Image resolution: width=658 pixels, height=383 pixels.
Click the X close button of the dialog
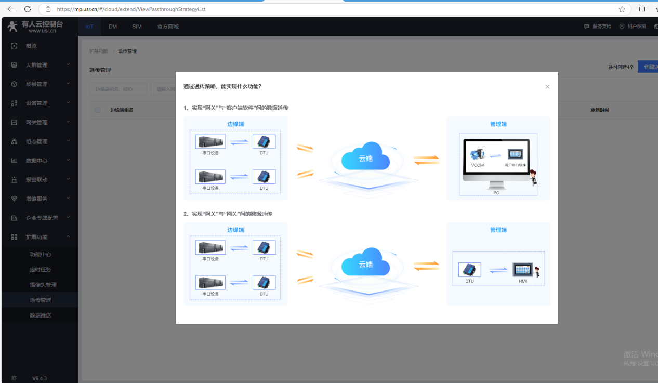(x=547, y=87)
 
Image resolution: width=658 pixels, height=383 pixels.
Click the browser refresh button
(x=28, y=9)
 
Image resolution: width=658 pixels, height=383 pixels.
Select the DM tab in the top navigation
(x=113, y=27)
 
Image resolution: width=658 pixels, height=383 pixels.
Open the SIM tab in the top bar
(x=137, y=27)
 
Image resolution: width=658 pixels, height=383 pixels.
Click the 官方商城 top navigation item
(x=167, y=27)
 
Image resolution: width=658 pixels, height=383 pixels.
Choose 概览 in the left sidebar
(x=31, y=46)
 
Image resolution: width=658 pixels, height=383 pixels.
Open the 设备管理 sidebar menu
(x=36, y=103)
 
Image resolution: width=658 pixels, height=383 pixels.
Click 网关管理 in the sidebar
(x=36, y=122)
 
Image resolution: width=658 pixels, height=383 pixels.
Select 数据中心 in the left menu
(x=36, y=161)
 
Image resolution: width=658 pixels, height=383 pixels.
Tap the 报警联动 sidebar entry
(x=36, y=180)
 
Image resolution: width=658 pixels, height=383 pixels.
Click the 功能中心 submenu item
(x=41, y=254)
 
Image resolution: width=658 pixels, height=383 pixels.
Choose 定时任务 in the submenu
(x=41, y=269)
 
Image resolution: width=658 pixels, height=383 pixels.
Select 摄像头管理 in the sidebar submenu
(x=43, y=285)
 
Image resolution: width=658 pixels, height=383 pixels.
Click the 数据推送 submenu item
(x=41, y=315)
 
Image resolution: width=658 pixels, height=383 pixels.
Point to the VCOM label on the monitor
(x=477, y=165)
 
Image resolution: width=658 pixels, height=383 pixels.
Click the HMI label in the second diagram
(x=522, y=281)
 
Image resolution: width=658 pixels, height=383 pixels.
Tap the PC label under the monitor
(x=496, y=193)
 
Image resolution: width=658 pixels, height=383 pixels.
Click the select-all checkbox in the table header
(x=97, y=110)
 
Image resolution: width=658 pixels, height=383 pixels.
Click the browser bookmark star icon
(x=622, y=9)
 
